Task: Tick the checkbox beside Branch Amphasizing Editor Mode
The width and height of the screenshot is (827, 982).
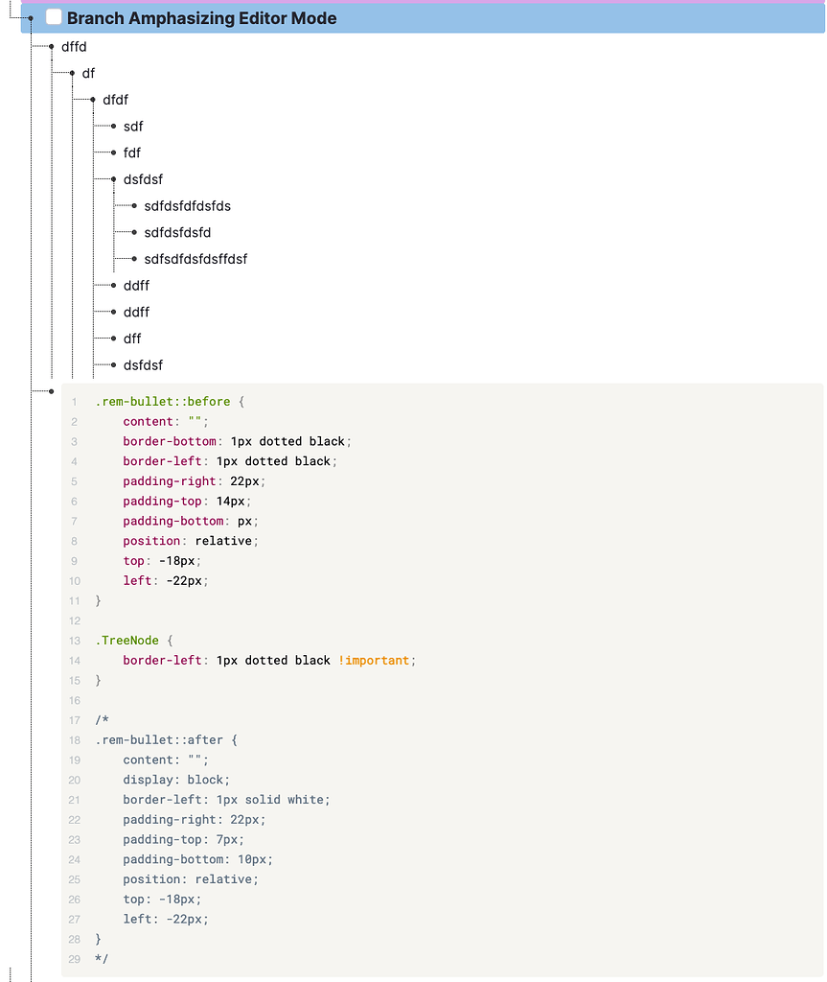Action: tap(55, 17)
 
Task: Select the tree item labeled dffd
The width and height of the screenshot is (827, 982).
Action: tap(75, 46)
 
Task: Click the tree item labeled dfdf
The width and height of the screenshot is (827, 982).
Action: tap(115, 100)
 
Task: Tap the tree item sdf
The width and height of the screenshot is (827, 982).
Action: tap(133, 127)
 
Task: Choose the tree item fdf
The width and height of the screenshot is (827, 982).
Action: tap(132, 152)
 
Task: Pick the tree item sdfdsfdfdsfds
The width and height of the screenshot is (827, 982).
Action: tap(187, 206)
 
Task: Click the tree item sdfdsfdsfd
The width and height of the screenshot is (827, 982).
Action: tap(177, 232)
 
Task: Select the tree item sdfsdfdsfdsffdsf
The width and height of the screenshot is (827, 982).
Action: tap(195, 259)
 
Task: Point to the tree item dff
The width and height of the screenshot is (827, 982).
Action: tap(132, 339)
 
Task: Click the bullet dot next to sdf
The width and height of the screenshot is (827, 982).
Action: tap(114, 127)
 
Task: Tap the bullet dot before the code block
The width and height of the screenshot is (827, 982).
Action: tap(52, 391)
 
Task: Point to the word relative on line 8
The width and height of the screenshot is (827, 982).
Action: tap(223, 541)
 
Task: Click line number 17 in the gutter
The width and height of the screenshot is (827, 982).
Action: tap(75, 720)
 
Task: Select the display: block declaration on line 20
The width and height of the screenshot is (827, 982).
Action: tap(176, 780)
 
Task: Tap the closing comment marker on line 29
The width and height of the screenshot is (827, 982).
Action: tap(102, 959)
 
